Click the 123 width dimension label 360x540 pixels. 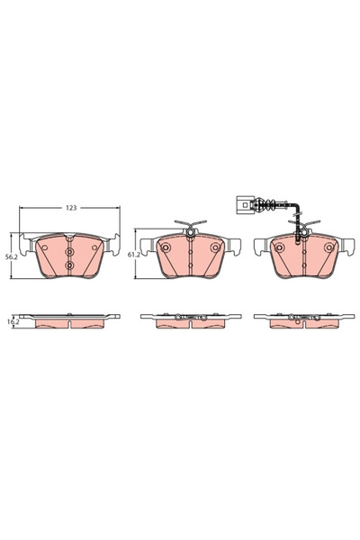click(70, 208)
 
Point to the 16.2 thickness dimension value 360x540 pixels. click(13, 320)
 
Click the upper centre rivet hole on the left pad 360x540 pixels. click(70, 251)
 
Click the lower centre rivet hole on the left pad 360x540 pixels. click(70, 266)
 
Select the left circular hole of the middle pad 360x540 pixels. click(166, 247)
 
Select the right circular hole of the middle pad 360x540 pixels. click(214, 247)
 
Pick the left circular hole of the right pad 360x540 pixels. click(279, 247)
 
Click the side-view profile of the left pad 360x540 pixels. click(70, 319)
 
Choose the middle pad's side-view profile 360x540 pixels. click(190, 319)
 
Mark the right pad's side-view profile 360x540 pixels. click(303, 319)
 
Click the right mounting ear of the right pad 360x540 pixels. click(347, 241)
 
